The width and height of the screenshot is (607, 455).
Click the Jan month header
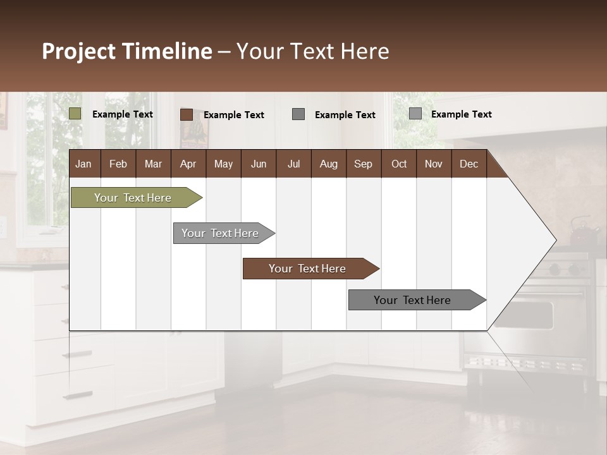tap(83, 164)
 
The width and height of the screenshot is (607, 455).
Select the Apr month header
tap(188, 164)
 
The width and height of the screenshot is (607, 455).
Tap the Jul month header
tap(293, 164)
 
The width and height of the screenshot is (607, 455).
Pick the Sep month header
tap(363, 164)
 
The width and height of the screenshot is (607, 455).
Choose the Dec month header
tap(469, 164)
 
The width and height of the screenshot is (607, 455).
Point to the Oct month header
tap(399, 164)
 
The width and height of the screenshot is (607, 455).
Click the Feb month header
tap(118, 164)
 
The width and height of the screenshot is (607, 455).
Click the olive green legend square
tap(75, 114)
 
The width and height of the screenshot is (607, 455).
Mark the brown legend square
tap(187, 114)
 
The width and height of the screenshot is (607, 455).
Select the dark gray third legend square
tap(298, 114)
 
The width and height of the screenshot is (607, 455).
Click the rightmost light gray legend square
tap(415, 114)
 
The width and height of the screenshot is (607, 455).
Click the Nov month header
tap(434, 164)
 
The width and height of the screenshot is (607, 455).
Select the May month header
tap(223, 164)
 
